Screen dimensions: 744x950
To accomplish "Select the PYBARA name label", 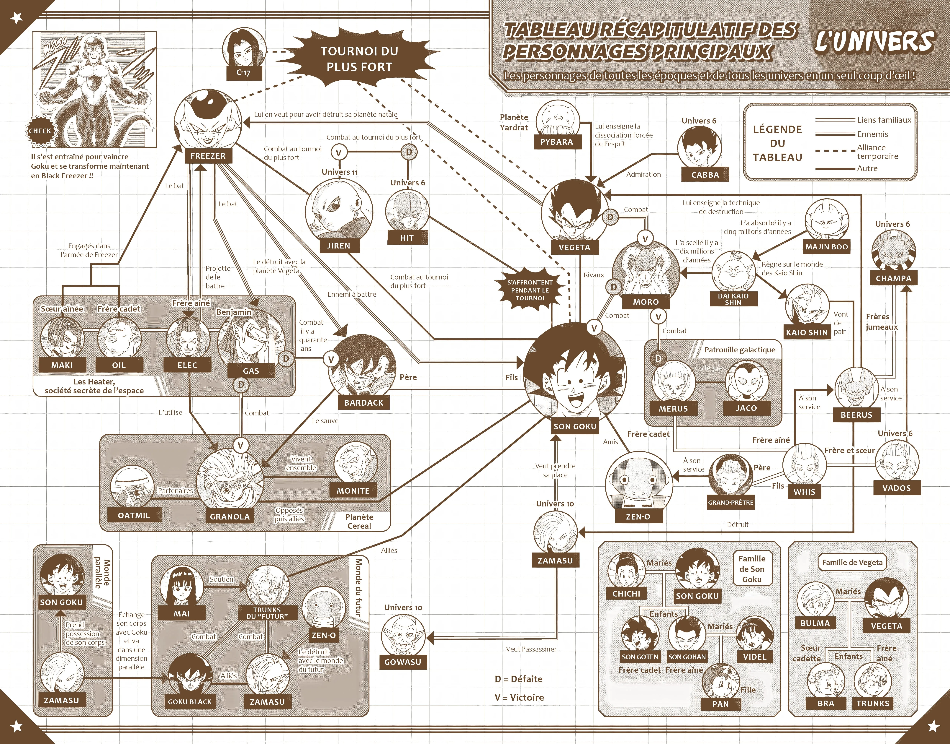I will [x=557, y=142].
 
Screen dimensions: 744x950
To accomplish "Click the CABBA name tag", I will [x=705, y=175].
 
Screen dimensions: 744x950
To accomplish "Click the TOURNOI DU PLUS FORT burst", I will [x=359, y=59].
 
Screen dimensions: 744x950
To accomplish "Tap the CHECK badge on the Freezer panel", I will [x=40, y=131].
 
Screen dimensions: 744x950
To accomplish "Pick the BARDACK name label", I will [x=364, y=402].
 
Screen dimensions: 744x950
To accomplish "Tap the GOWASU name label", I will [x=402, y=662].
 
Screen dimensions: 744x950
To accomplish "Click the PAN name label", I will [x=720, y=704].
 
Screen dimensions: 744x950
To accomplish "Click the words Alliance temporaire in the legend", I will [x=877, y=152].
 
